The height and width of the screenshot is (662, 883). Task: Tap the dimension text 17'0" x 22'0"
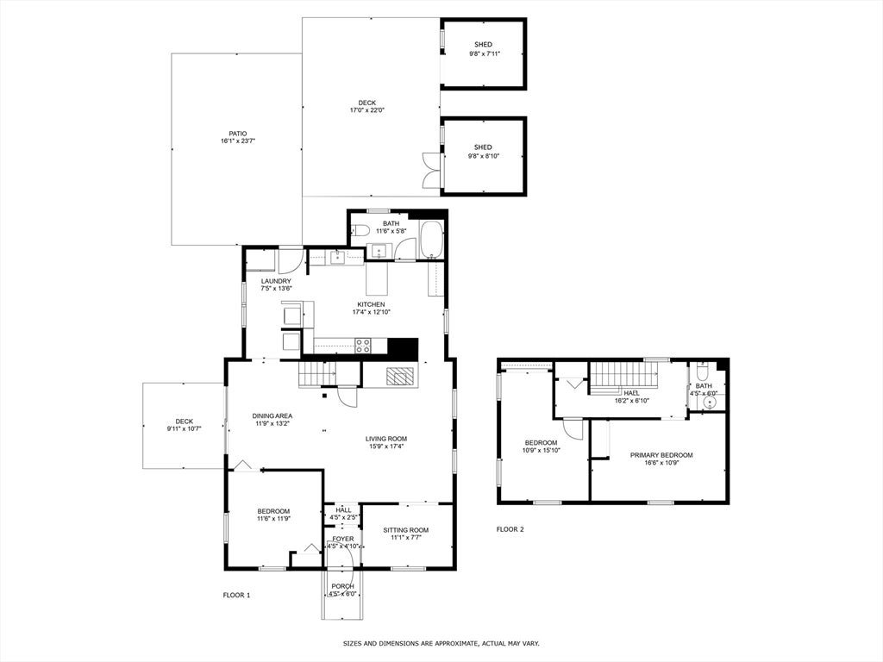point(366,110)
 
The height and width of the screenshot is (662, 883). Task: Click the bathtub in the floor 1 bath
point(432,239)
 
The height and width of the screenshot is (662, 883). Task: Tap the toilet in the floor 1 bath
point(360,229)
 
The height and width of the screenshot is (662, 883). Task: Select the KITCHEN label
point(371,304)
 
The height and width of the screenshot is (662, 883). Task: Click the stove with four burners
point(363,345)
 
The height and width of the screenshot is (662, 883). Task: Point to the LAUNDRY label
point(276,282)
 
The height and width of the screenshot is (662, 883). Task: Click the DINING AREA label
point(272,416)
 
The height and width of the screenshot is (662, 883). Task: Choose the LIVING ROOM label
point(385,439)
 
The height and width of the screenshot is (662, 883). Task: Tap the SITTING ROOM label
point(406,530)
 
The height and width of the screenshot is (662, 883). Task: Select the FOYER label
point(343,539)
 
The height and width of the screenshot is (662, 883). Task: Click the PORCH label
point(342,586)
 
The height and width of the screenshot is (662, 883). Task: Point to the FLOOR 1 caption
point(236,595)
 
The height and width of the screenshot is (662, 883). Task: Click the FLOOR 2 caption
point(510,529)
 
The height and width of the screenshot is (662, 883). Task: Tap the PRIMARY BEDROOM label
point(661,455)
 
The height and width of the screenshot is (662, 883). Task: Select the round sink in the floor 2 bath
point(712,402)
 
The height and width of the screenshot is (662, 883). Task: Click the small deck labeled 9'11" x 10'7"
point(184,426)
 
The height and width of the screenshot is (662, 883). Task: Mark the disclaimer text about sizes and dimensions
point(441,643)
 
